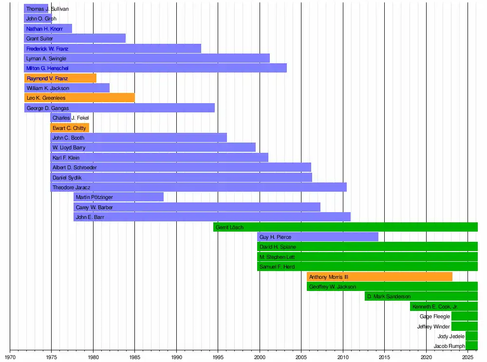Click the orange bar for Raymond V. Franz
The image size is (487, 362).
coord(60,78)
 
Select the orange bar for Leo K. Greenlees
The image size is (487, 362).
coord(79,98)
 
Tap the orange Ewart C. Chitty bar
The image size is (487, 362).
coord(70,128)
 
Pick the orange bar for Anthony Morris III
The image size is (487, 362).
coord(379,277)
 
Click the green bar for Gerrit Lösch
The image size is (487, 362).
coord(345,227)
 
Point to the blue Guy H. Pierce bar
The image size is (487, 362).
coord(318,237)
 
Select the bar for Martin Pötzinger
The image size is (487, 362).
coord(119,197)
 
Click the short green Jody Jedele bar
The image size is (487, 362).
coord(472,336)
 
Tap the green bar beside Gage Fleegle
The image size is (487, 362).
coord(465,316)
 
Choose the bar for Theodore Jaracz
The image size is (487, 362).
coord(199,187)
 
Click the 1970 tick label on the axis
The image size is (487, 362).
coord(10,357)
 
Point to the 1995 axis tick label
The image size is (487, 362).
coord(218,357)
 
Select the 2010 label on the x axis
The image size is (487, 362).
coord(343,357)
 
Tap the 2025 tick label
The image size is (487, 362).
coord(468,357)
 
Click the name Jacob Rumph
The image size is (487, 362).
coord(450,346)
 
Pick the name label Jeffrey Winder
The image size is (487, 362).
coord(433,326)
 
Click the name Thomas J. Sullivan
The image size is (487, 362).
coord(48,9)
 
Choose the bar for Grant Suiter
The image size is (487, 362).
coord(75,38)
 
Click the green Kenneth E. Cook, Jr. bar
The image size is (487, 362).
coord(444,307)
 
